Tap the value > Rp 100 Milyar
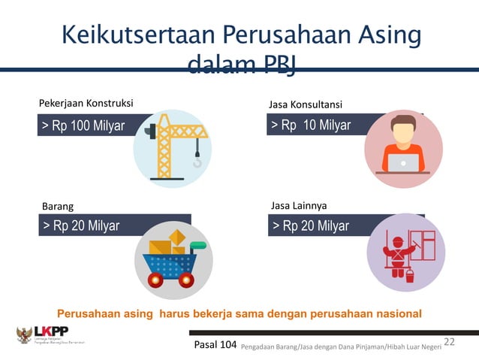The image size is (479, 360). tap(83, 126)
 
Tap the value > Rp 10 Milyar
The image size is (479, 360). tap(311, 125)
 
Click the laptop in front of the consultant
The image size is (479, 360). tap(403, 163)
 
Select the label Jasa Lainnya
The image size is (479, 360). tap(298, 204)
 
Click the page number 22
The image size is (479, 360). tap(450, 342)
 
